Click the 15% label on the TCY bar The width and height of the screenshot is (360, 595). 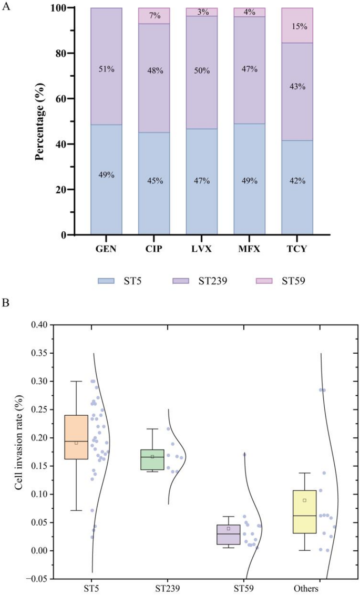[297, 26]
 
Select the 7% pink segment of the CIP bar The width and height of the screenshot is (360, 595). [154, 16]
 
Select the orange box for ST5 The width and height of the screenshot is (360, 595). [76, 437]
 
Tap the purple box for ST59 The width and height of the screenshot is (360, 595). [229, 534]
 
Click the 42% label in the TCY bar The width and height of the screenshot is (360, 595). [297, 181]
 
